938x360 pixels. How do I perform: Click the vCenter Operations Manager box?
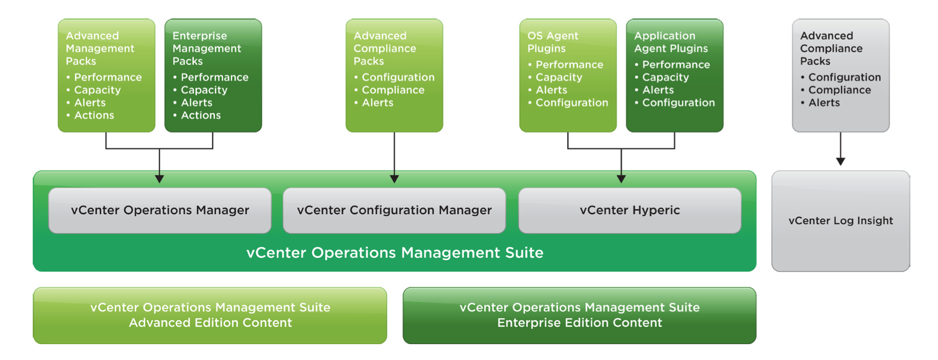[x=160, y=210]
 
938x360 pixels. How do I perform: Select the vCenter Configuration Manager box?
[x=394, y=210]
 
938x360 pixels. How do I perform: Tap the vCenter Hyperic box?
[x=630, y=210]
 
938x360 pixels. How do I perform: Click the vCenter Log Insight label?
[x=841, y=221]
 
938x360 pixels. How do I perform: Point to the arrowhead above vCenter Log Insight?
[x=840, y=162]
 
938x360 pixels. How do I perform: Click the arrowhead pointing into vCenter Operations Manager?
[x=160, y=179]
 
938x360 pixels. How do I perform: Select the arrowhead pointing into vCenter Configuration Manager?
[x=394, y=179]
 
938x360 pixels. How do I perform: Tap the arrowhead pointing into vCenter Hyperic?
[x=621, y=179]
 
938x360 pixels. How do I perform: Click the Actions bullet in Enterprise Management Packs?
[x=197, y=115]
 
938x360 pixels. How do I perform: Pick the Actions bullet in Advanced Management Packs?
[x=90, y=115]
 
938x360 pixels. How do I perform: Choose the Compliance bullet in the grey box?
[x=836, y=90]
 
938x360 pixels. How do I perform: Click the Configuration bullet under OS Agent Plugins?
[x=568, y=103]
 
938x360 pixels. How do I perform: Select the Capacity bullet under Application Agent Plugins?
[x=662, y=77]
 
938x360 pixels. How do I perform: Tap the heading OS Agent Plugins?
[x=553, y=42]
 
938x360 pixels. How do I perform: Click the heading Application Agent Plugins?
[x=671, y=42]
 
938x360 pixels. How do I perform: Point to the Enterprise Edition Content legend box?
[x=579, y=316]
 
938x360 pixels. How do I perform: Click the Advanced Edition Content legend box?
[x=210, y=316]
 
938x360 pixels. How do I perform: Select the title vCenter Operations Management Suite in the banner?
[x=395, y=253]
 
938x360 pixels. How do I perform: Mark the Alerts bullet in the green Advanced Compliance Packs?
[x=373, y=103]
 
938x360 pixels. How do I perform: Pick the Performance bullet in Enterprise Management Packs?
[x=211, y=77]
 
